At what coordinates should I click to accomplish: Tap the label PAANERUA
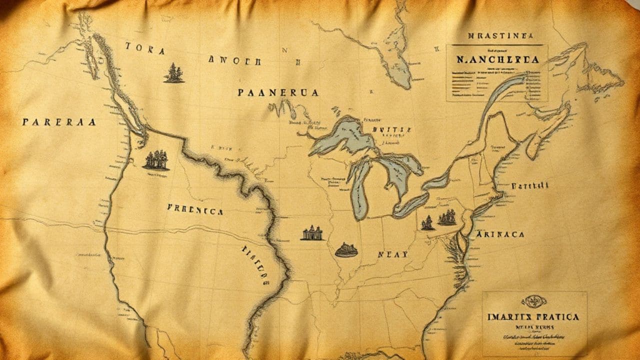coord(277,92)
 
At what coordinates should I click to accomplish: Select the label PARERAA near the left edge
coord(58,121)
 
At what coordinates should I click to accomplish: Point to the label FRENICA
coord(195,211)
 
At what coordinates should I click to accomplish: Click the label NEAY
coord(392,254)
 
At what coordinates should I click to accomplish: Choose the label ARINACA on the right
coord(499,234)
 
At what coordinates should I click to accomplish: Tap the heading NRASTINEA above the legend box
coord(500,36)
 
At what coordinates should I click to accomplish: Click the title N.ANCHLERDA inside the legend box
coord(497,59)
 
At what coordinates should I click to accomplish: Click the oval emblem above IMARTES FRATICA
coord(534,300)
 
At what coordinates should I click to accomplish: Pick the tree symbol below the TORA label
coord(173,73)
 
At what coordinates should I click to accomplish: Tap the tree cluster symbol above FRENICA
coord(156,160)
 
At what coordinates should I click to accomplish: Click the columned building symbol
coord(312,233)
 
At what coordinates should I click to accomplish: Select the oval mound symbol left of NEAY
coord(346,249)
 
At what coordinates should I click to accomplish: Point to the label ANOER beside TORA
coord(234,61)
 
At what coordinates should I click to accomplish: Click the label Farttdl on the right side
coord(529,185)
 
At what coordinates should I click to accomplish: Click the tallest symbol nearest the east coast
coord(447,217)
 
